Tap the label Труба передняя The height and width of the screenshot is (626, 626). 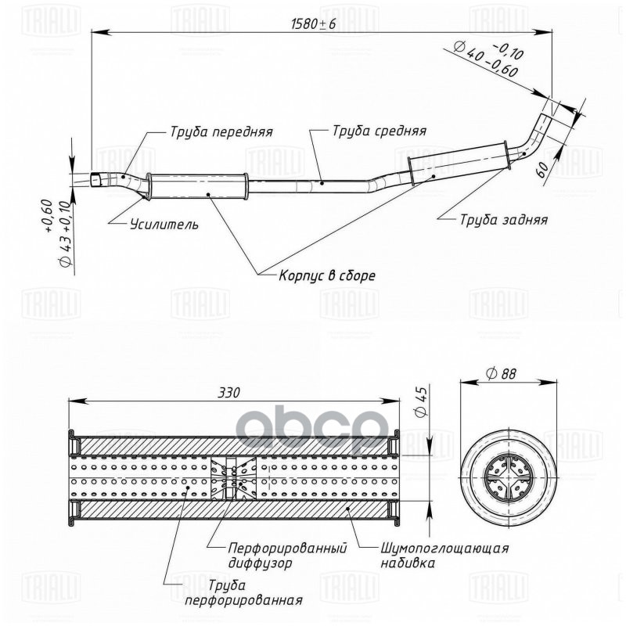pyautogui.click(x=221, y=131)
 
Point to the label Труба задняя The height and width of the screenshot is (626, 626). pyautogui.click(x=503, y=220)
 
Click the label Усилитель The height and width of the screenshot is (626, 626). pyautogui.click(x=164, y=225)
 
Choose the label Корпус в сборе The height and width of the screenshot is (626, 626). pyautogui.click(x=328, y=275)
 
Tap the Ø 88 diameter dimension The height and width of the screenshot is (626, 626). pyautogui.click(x=506, y=375)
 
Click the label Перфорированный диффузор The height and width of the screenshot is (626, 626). pyautogui.click(x=287, y=556)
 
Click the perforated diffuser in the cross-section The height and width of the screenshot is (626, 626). pyautogui.click(x=232, y=477)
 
